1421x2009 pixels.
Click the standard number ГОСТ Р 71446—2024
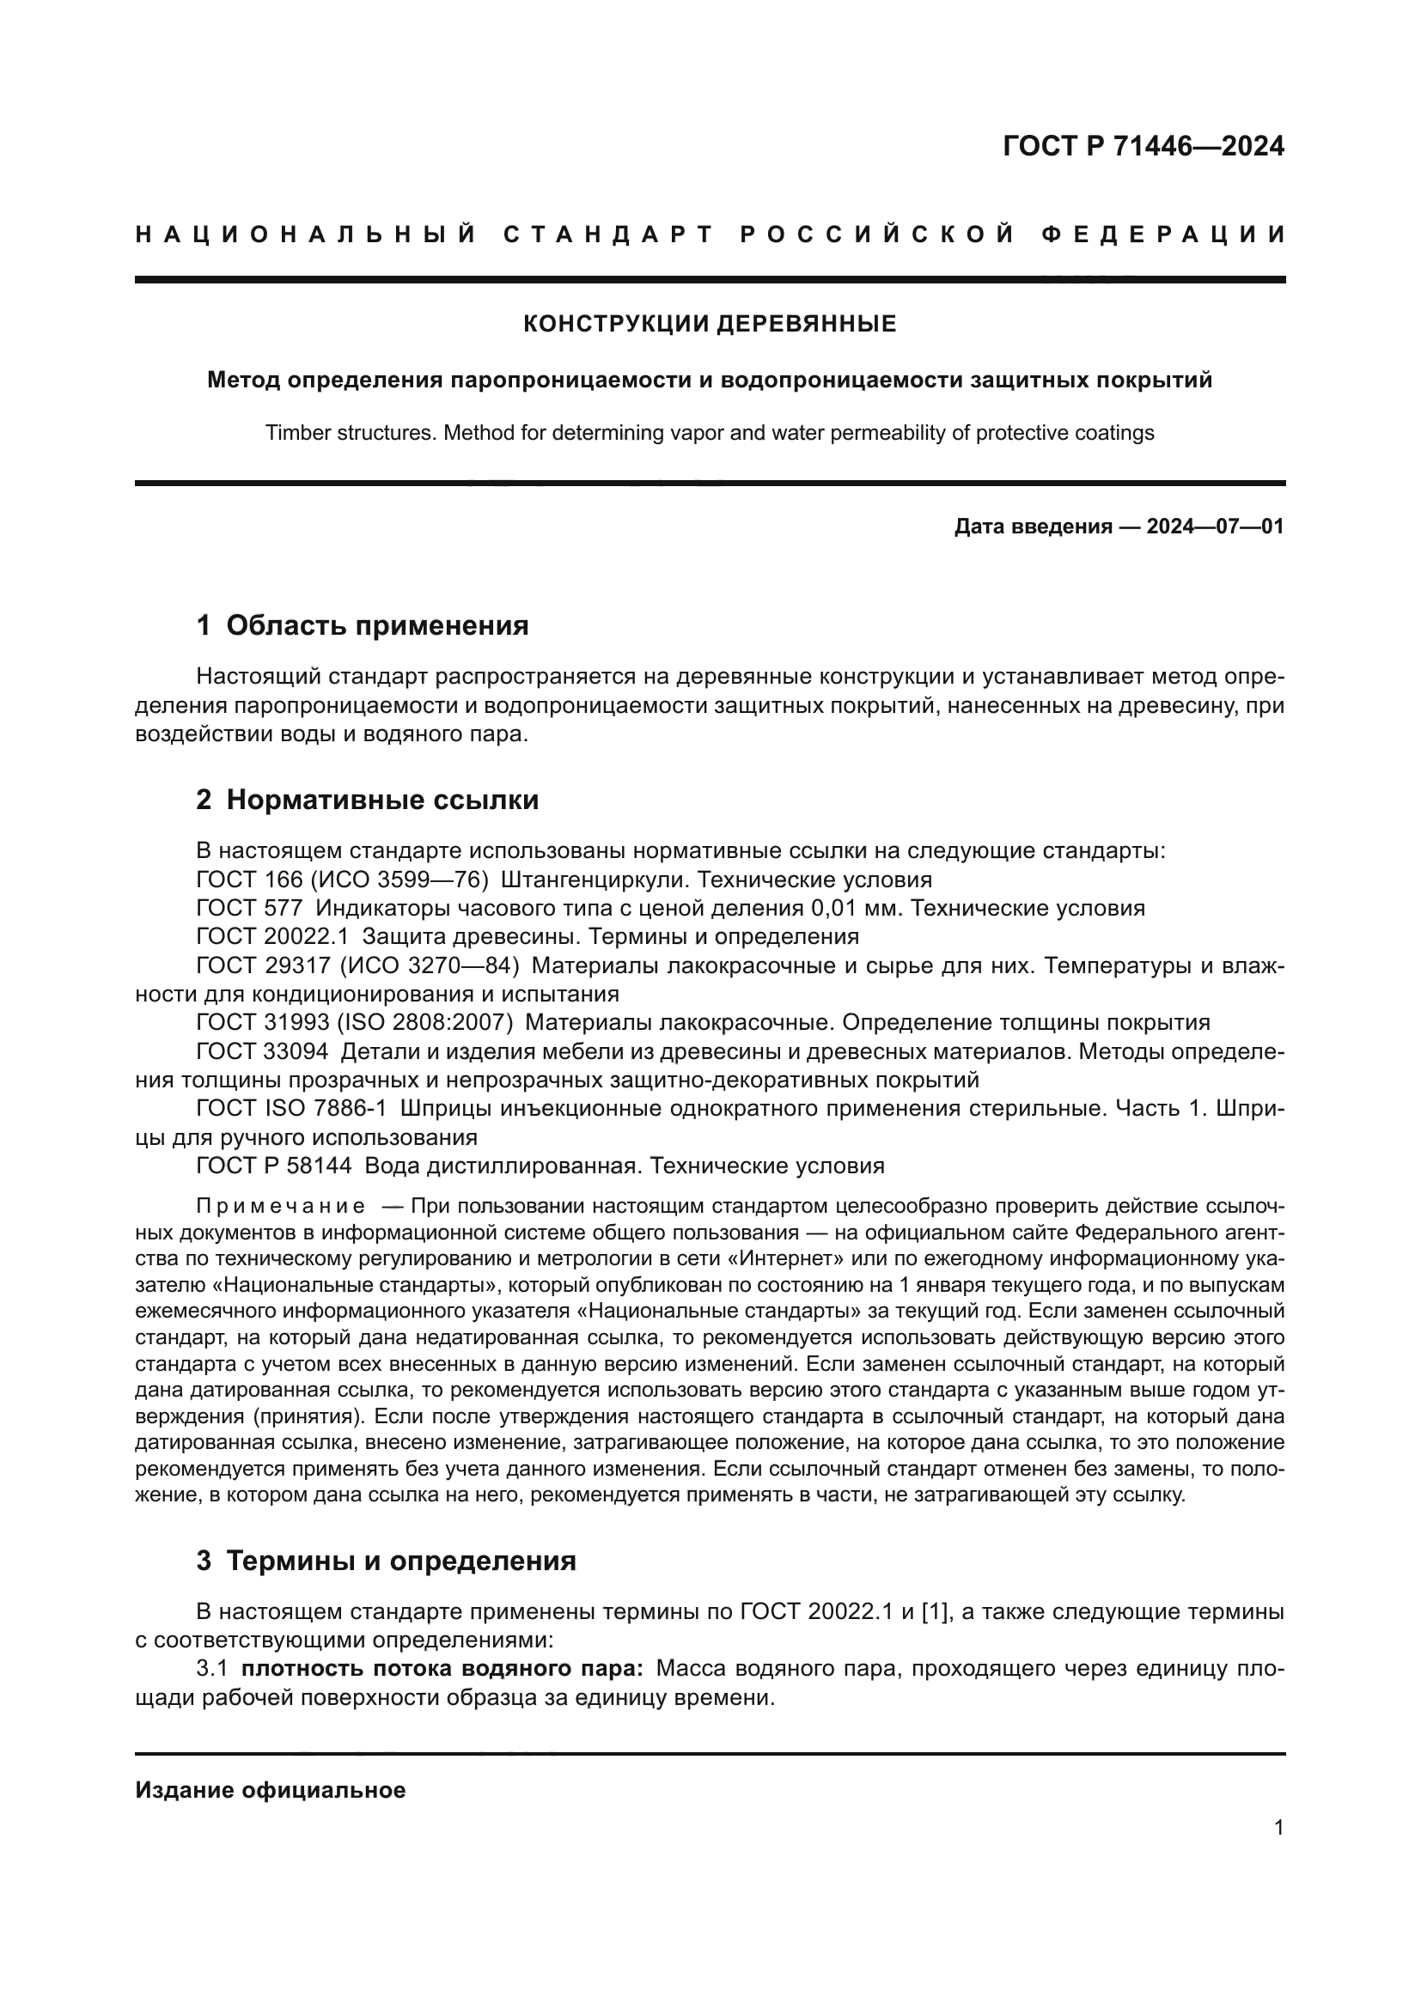1143,146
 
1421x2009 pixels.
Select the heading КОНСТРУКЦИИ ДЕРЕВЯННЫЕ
710,325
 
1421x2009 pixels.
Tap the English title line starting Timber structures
710,433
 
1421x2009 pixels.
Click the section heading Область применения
377,625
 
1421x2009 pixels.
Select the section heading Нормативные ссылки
382,800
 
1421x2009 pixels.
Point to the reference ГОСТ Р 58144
274,1166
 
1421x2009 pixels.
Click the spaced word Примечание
281,1207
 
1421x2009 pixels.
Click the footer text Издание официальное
271,1790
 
